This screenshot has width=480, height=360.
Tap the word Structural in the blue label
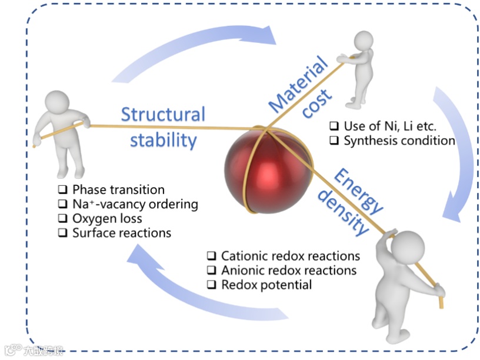click(163, 114)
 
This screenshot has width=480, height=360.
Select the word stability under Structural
click(163, 140)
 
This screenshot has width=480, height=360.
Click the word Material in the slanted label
click(299, 83)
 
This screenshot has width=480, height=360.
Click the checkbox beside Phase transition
click(62, 190)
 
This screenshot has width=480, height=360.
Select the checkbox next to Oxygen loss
click(62, 219)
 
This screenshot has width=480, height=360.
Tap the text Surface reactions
click(122, 233)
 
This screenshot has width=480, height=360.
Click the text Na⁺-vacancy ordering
click(135, 205)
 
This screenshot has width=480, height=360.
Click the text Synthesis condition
click(399, 141)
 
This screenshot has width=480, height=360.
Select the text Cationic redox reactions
click(291, 256)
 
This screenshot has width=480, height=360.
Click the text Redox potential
click(266, 285)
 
